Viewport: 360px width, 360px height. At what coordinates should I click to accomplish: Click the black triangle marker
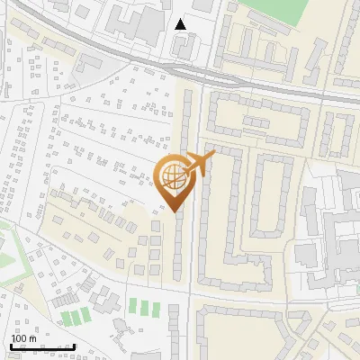tap(181, 24)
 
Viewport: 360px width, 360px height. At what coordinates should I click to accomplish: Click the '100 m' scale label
tap(23, 337)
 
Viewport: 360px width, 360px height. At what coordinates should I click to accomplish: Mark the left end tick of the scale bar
tap(10, 346)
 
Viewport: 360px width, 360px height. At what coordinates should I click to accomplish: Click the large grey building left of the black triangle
tap(135, 22)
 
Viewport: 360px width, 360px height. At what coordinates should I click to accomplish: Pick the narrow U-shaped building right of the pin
tap(265, 193)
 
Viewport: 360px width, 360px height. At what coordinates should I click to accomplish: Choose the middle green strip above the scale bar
tap(75, 316)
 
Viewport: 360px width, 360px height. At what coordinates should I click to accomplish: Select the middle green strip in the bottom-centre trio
tap(144, 307)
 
